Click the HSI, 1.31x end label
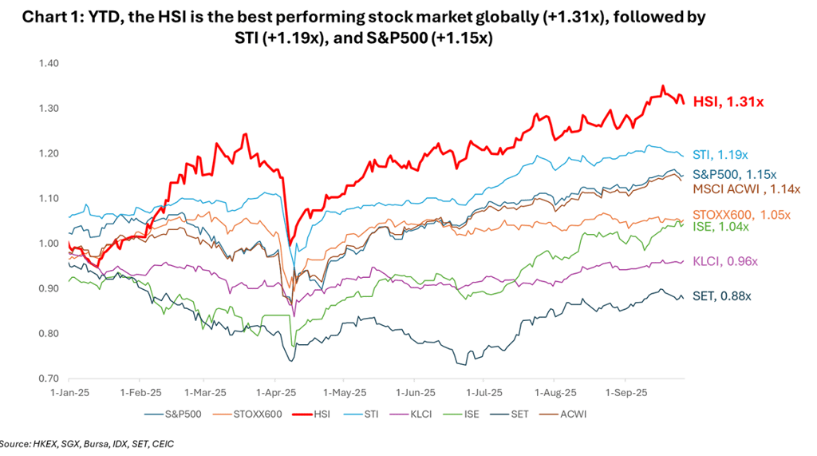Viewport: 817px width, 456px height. point(728,101)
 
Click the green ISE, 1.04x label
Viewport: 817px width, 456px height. point(720,227)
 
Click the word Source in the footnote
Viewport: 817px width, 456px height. point(13,442)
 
